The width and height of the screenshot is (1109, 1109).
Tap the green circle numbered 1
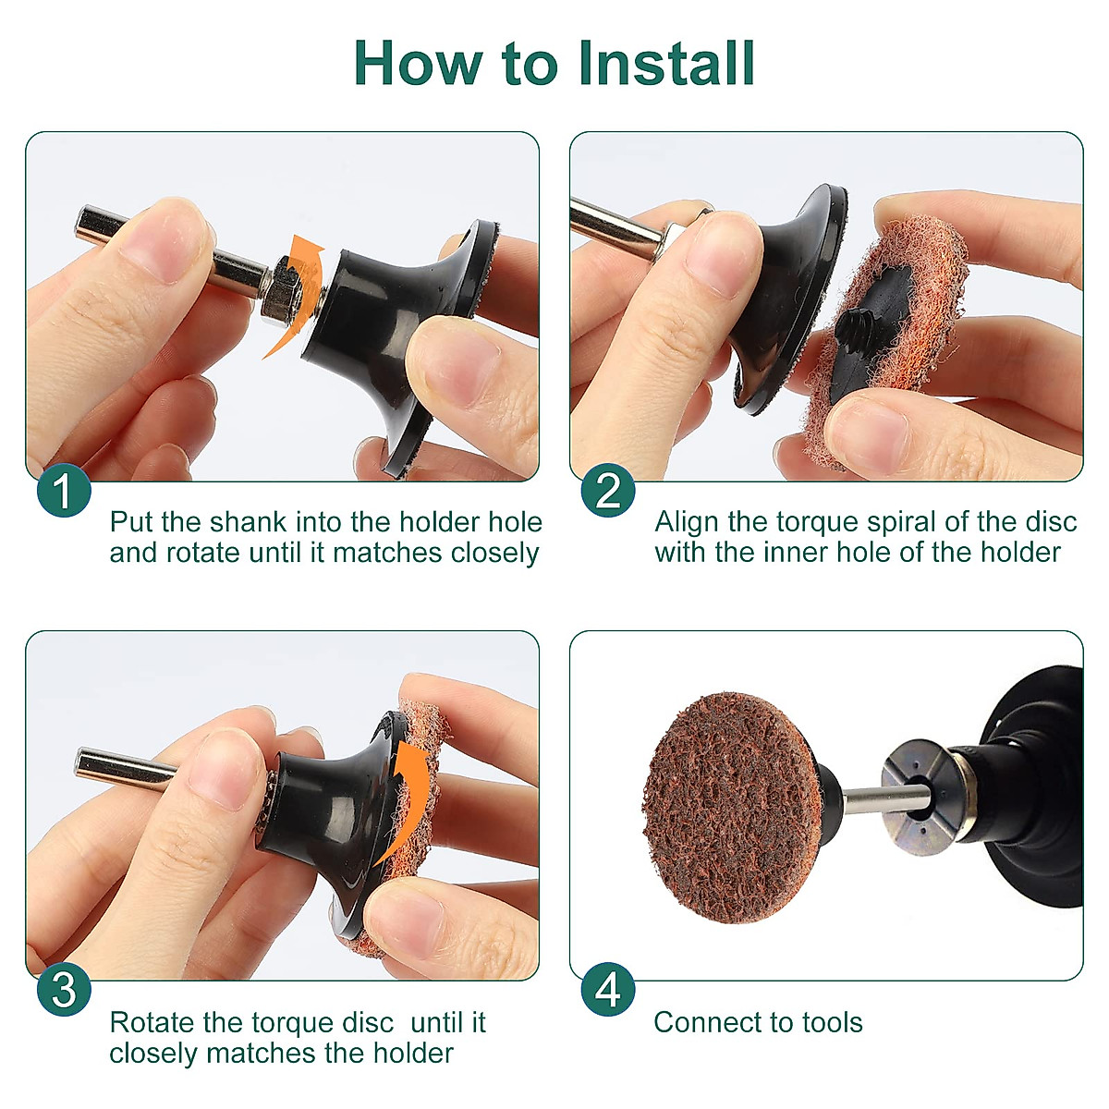tap(64, 490)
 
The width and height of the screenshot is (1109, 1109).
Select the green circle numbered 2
tap(608, 490)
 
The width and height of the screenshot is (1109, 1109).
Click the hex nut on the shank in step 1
tap(280, 290)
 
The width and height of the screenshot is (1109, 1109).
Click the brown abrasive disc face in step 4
tap(731, 808)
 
